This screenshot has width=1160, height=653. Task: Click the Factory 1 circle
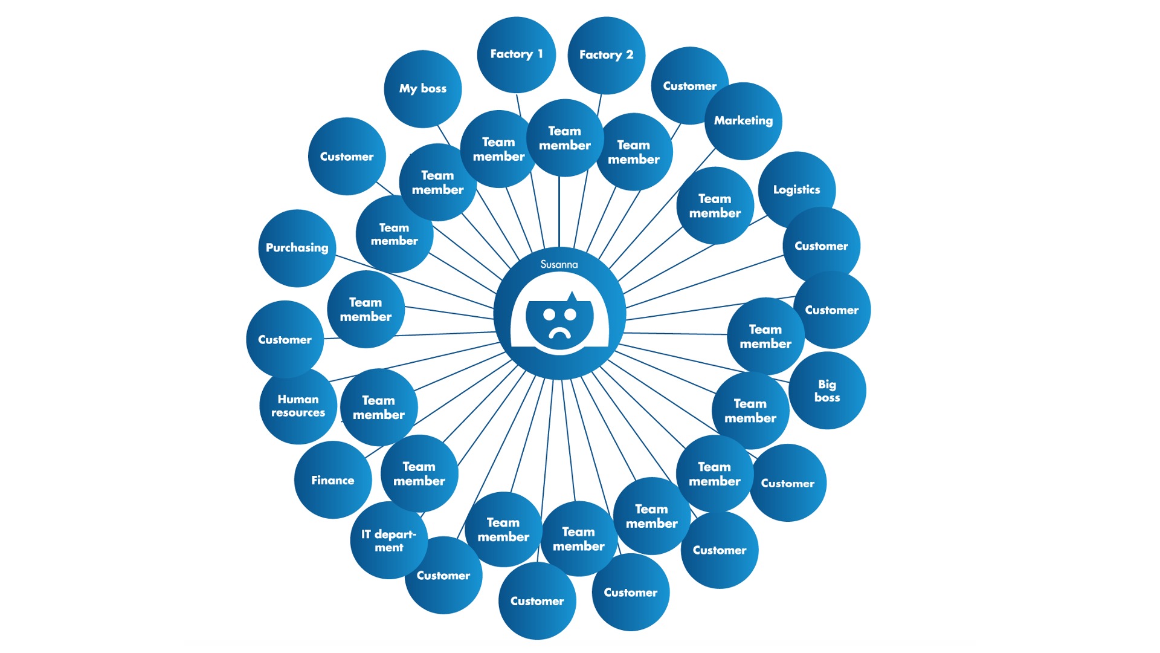[516, 54]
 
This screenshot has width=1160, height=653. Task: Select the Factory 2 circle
[606, 55]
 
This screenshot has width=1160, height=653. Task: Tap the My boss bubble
[423, 88]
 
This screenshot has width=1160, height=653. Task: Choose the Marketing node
[743, 121]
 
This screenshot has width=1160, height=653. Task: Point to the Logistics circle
[796, 189]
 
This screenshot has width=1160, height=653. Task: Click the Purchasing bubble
[297, 248]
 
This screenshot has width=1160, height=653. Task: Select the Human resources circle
[298, 406]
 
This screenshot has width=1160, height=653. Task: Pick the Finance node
[332, 480]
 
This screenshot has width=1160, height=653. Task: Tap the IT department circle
[388, 541]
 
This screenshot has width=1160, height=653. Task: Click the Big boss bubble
[827, 391]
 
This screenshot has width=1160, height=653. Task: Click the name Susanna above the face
[559, 264]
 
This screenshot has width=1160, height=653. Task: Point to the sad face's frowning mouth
[560, 333]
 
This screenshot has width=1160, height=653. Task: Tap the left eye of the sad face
[549, 314]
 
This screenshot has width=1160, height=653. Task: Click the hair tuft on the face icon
[572, 296]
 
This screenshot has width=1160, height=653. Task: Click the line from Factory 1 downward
[518, 104]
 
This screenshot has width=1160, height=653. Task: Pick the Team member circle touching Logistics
[715, 206]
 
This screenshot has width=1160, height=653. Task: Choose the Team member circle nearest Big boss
[750, 411]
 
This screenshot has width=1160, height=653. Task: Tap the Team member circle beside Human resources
[379, 407]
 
